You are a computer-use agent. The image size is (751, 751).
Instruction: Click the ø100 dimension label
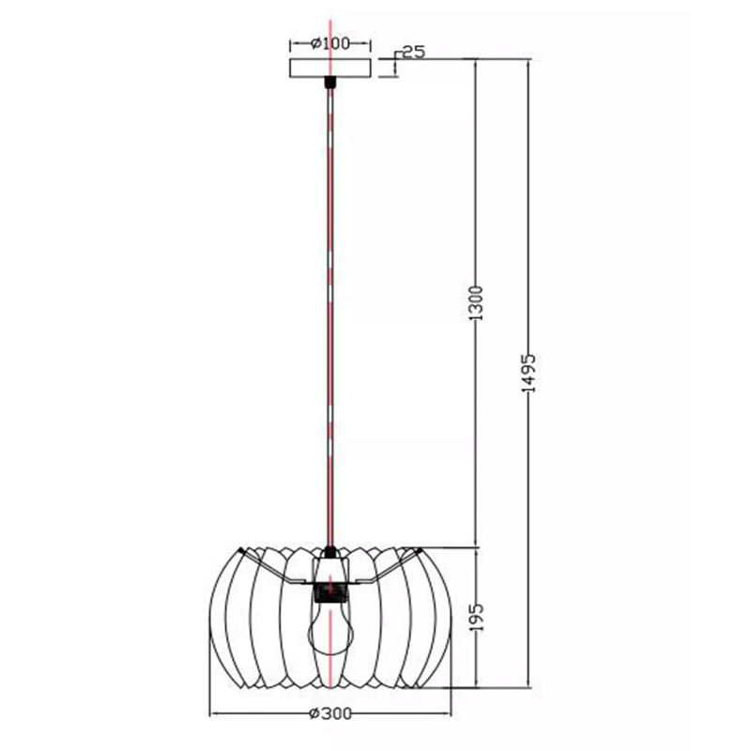pyautogui.click(x=330, y=43)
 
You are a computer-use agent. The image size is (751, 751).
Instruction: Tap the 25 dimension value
pyautogui.click(x=414, y=52)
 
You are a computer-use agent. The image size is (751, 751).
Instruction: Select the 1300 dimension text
pyautogui.click(x=476, y=303)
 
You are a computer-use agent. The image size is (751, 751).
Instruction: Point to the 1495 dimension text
pyautogui.click(x=529, y=374)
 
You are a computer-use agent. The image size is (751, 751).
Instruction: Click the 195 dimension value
pyautogui.click(x=477, y=617)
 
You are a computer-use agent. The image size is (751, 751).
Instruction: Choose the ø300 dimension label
pyautogui.click(x=330, y=714)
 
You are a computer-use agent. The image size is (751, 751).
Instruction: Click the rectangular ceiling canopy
pyautogui.click(x=330, y=68)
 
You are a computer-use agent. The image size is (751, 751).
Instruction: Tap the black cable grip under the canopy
pyautogui.click(x=330, y=83)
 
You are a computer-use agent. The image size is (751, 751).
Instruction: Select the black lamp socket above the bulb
pyautogui.click(x=330, y=592)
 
